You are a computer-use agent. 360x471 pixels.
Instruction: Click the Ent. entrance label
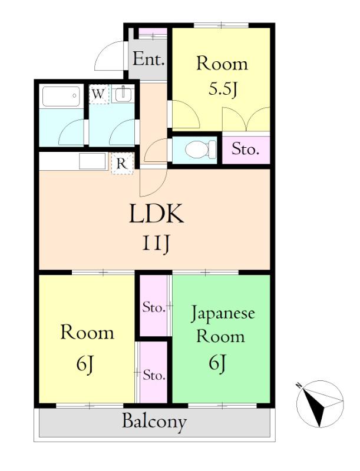click(x=148, y=59)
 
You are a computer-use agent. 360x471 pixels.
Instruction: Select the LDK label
click(x=156, y=213)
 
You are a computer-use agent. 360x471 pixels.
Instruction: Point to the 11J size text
click(x=156, y=243)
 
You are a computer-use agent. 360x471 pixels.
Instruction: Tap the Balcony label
click(x=154, y=422)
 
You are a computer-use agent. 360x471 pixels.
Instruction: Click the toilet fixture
click(x=200, y=150)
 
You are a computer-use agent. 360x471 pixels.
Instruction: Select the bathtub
click(x=61, y=97)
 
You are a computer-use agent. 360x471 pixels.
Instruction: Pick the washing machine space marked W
click(x=98, y=94)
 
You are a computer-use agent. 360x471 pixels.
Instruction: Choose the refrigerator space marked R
click(x=122, y=164)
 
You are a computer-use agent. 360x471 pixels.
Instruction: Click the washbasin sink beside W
click(x=123, y=94)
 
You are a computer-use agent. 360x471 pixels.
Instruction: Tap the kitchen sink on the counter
click(x=93, y=161)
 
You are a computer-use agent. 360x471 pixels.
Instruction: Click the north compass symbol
click(x=319, y=404)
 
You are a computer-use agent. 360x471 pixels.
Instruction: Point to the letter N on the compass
click(x=299, y=385)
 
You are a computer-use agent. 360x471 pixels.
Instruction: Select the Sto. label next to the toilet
click(x=245, y=149)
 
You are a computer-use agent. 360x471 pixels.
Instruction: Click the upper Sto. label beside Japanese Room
click(x=154, y=307)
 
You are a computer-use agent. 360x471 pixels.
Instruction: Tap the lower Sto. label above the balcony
click(x=154, y=375)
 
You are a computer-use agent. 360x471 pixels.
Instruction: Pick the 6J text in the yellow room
click(x=85, y=364)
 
